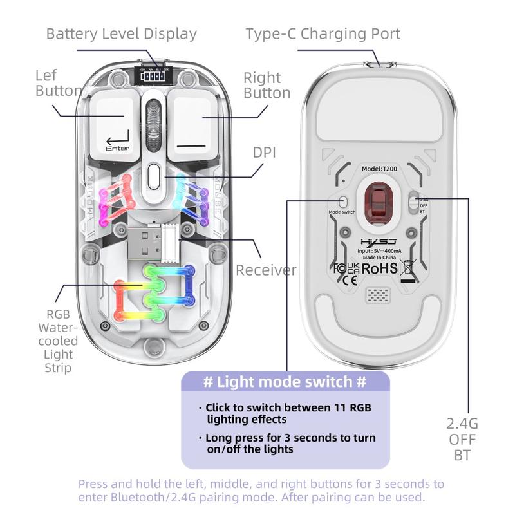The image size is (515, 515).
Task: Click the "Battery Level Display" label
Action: pyautogui.click(x=121, y=33)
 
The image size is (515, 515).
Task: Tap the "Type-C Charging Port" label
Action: pyautogui.click(x=323, y=33)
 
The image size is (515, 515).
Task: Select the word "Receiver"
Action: pyautogui.click(x=266, y=269)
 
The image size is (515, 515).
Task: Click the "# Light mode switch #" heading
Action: pyautogui.click(x=285, y=382)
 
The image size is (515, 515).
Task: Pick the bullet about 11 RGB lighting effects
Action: pyautogui.click(x=288, y=413)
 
